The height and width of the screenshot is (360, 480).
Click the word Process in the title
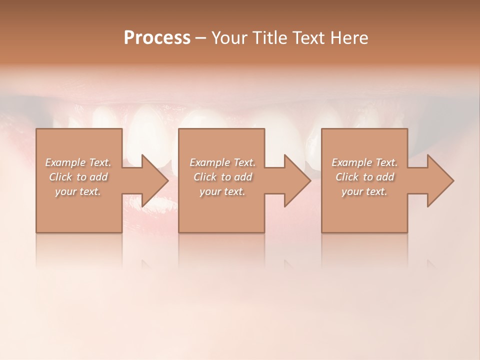click(x=157, y=37)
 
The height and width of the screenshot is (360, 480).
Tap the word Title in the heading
click(x=268, y=37)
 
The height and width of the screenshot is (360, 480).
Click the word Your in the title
click(x=228, y=37)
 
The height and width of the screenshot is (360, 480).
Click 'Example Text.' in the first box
click(x=78, y=162)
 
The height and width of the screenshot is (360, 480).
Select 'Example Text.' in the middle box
click(x=222, y=162)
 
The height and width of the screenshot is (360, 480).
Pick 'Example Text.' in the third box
click(x=364, y=162)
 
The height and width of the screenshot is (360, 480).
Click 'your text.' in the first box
click(x=78, y=191)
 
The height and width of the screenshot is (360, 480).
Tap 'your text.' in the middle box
click(x=222, y=191)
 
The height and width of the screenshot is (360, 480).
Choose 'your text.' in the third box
click(x=364, y=191)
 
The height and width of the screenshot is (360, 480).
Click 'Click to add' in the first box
click(x=78, y=177)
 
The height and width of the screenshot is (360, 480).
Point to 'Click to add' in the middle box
click(x=222, y=177)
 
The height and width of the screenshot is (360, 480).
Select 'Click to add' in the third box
click(x=364, y=177)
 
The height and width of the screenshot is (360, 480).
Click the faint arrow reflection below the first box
click(x=147, y=263)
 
